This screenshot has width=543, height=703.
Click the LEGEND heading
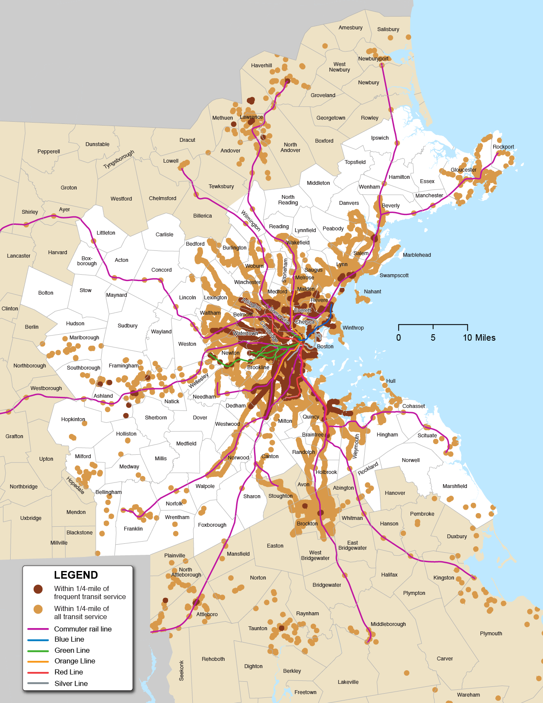(76, 575)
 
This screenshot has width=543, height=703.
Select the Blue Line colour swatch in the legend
(38, 640)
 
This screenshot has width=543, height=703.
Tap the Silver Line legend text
(71, 683)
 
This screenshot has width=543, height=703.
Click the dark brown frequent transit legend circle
(38, 589)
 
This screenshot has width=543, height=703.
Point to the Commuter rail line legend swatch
(38, 629)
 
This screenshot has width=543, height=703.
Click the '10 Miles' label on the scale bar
(479, 338)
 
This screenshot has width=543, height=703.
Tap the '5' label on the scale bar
(433, 338)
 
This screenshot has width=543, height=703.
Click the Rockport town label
(503, 147)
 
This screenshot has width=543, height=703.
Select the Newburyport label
(373, 59)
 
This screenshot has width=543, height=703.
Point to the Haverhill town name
(261, 66)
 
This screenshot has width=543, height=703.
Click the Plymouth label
(491, 634)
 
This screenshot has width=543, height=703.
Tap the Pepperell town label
(49, 152)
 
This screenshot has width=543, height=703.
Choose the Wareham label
(468, 695)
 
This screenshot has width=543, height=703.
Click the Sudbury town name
(127, 326)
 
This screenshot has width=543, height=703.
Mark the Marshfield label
(454, 486)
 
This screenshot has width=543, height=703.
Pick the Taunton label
(257, 628)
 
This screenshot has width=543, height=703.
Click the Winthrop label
(353, 328)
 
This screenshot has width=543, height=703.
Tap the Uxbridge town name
(31, 518)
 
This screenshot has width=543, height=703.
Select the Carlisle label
(164, 235)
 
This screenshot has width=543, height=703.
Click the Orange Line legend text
(74, 661)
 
